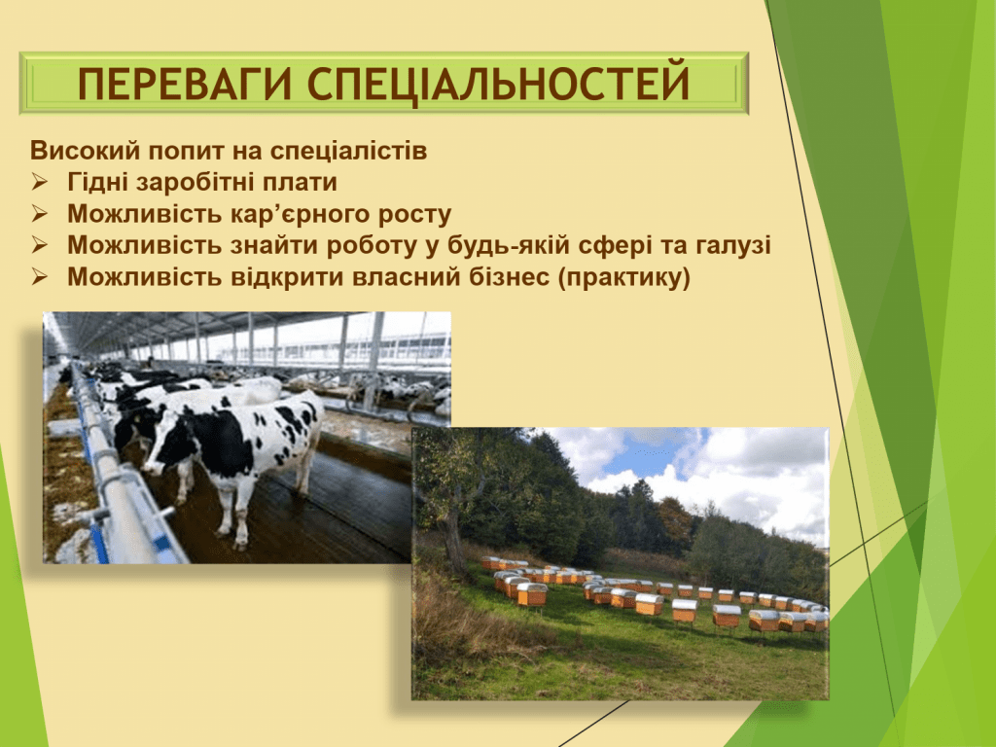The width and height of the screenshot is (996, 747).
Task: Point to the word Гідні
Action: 97,183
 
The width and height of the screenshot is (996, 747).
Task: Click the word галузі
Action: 729,246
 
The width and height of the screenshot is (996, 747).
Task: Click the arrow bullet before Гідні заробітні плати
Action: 39,183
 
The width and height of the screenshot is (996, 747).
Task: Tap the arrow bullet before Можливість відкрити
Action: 39,277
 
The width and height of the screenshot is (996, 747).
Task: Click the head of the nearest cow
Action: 158,445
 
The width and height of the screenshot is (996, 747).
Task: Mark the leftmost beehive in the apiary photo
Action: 489,563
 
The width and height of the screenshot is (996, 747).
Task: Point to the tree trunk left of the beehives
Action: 454,540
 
